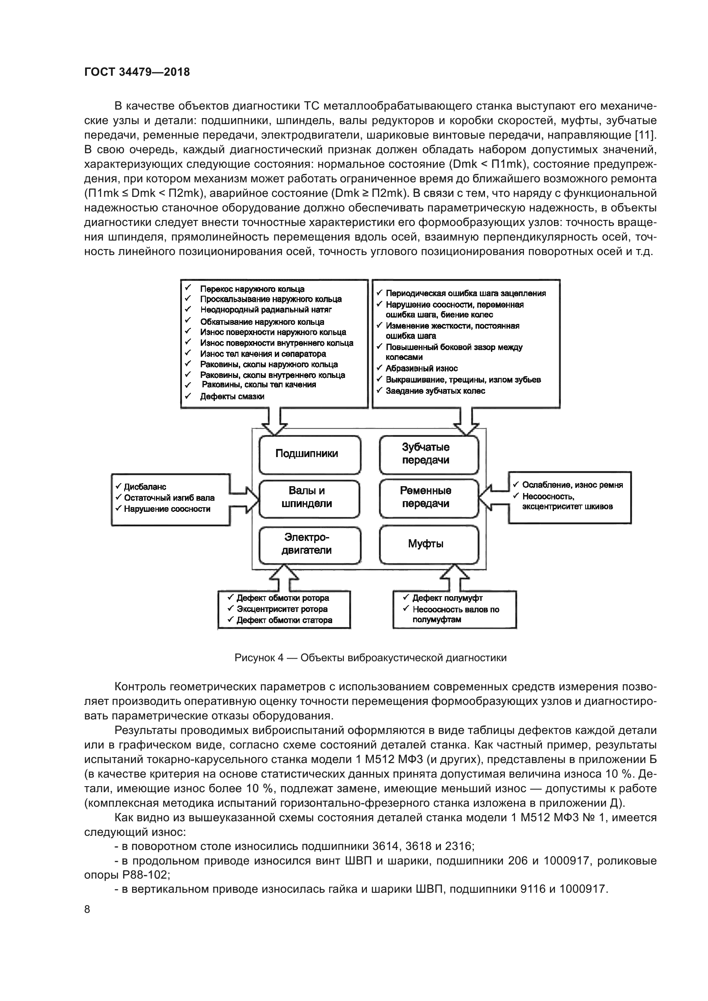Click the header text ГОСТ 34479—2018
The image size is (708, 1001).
pos(137,72)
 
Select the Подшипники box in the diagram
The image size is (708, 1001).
pos(309,454)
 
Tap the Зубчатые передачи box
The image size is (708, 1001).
pos(428,454)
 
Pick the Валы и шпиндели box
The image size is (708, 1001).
pos(309,497)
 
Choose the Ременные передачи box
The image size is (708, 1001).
pos(428,497)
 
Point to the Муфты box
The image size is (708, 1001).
pos(428,544)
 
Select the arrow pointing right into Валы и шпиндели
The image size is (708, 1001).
pos(244,499)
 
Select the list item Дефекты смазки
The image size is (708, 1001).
pos(232,397)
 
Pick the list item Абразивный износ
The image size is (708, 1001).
pos(421,368)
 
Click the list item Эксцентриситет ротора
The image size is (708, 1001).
pos(282,609)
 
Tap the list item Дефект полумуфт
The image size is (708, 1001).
pos(447,598)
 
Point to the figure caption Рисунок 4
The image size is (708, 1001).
pos(370,658)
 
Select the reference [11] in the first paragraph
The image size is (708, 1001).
pos(645,135)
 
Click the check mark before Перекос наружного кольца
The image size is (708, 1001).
pos(188,288)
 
